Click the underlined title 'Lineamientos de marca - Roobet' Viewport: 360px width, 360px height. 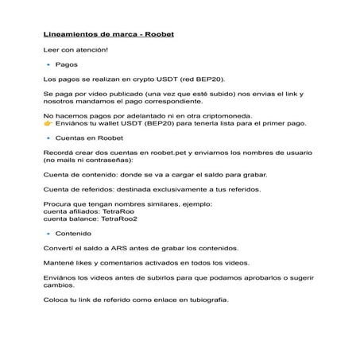(x=108, y=35)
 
